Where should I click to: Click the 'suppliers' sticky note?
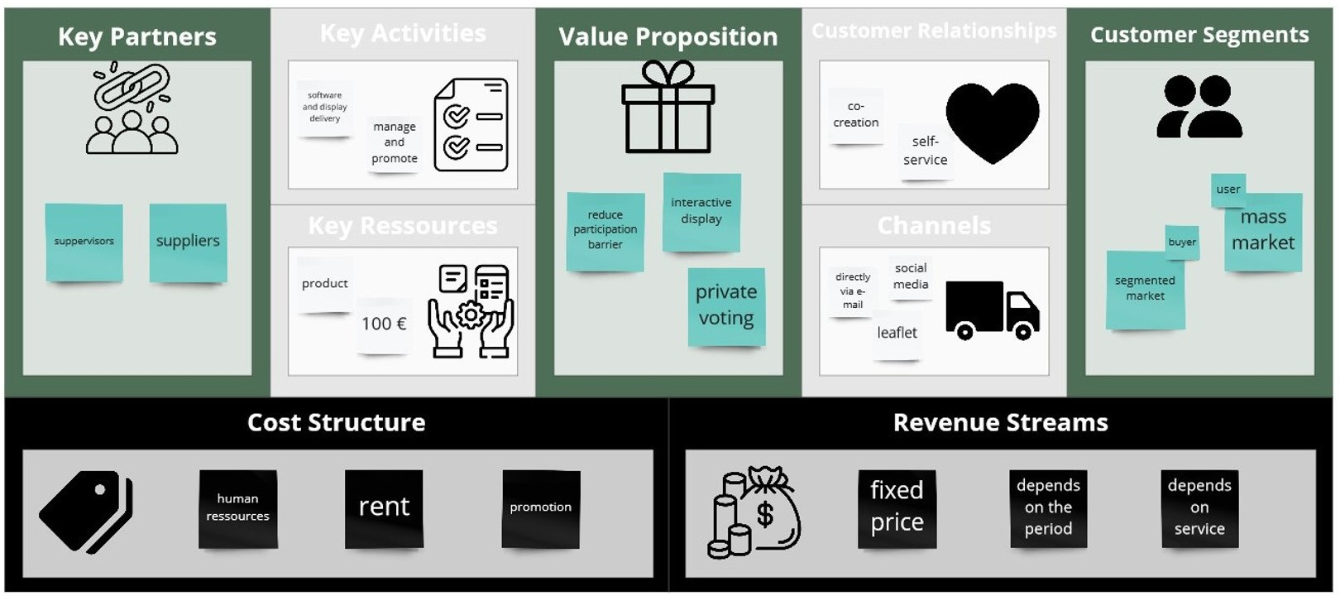pos(188,242)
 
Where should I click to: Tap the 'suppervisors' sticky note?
pos(84,242)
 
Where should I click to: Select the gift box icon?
pos(668,108)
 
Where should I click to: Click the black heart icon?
pos(992,122)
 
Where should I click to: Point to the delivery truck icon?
pos(992,310)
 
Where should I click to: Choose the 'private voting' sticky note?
pos(726,305)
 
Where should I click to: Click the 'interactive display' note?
pos(701,212)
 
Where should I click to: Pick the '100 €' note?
pos(384,324)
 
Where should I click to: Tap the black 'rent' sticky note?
pos(384,507)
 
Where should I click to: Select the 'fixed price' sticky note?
pos(897,507)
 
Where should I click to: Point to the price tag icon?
pos(86,511)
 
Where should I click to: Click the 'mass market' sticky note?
pos(1263,231)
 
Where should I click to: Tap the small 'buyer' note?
pos(1182,242)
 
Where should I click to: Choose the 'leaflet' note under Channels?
pos(897,333)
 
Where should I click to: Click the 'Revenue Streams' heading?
pos(1000,422)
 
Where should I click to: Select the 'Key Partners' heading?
pos(137,36)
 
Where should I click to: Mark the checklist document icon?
pos(471,125)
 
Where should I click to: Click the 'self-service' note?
pos(925,151)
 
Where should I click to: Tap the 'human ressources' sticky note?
pos(238,507)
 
